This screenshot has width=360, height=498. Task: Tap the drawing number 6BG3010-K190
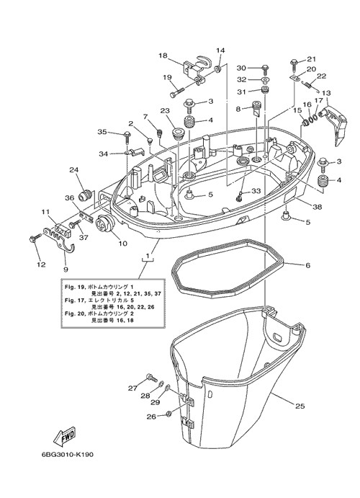(67, 455)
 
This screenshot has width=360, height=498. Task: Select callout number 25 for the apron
(300, 406)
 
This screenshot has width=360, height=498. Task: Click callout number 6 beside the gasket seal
(307, 265)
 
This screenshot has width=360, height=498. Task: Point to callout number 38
(318, 207)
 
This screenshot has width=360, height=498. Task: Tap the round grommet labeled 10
(104, 225)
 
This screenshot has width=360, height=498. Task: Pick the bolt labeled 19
(176, 92)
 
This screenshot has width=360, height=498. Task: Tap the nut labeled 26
(169, 414)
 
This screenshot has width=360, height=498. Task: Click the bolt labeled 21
(293, 65)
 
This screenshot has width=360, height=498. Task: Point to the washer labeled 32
(265, 79)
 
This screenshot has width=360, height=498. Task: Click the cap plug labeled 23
(178, 133)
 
